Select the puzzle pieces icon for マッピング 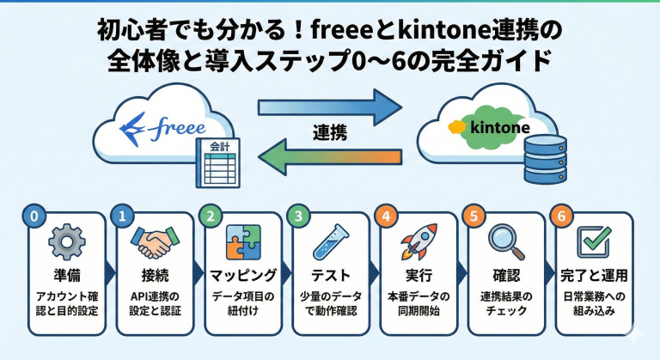[x=243, y=242]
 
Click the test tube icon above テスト [x=332, y=242]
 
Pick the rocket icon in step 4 [x=420, y=241]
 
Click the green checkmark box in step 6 [x=594, y=242]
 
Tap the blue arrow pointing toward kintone [x=331, y=107]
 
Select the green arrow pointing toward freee [x=331, y=159]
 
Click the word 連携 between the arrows [x=329, y=133]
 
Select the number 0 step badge [x=34, y=216]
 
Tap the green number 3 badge [x=297, y=216]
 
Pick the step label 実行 [x=420, y=276]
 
